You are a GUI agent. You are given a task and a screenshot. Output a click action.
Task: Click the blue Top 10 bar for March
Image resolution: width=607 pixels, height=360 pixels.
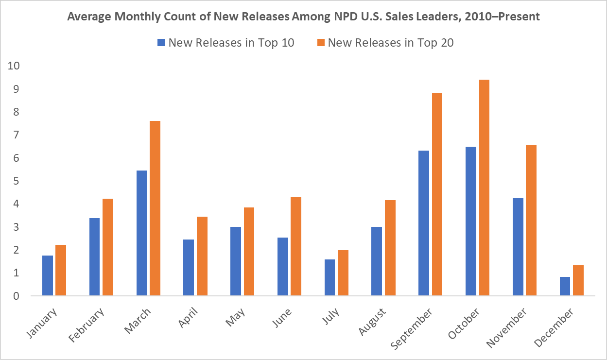coord(141,233)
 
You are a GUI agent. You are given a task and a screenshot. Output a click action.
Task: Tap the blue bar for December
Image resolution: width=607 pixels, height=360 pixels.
coord(565,286)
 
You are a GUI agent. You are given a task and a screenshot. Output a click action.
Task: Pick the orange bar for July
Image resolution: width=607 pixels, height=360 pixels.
coord(343,273)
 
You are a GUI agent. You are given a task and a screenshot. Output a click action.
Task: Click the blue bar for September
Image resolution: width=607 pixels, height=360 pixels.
coord(423,223)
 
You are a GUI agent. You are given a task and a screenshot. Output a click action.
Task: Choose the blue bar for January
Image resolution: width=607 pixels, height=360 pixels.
coord(48,275)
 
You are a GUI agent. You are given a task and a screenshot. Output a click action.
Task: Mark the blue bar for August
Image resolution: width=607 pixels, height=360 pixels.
coord(376,261)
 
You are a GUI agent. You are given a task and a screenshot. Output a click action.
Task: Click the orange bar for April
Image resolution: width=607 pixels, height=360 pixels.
coord(202,256)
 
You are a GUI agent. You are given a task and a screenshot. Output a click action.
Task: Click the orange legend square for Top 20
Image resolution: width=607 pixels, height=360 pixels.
coord(320,43)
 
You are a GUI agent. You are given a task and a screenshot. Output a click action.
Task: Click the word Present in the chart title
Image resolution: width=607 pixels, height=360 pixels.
coord(520,17)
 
